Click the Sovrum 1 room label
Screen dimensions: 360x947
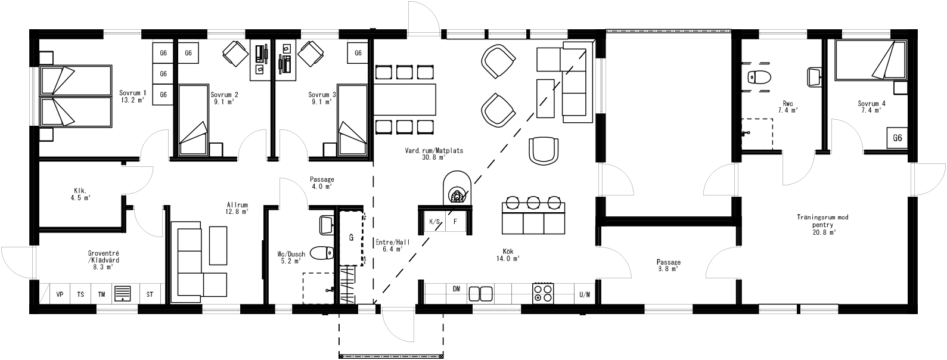click(x=132, y=97)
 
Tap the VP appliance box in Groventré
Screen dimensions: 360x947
click(x=60, y=294)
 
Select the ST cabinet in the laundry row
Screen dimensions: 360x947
click(x=150, y=294)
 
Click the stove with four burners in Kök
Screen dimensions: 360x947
click(x=542, y=293)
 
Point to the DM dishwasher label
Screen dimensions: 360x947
click(x=456, y=289)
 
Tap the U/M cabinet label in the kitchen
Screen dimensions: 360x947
click(x=584, y=294)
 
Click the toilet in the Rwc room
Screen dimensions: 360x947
click(x=759, y=77)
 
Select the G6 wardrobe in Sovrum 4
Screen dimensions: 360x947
click(x=898, y=138)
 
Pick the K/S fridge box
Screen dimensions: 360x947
click(x=434, y=222)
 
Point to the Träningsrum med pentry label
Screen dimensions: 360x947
click(x=822, y=225)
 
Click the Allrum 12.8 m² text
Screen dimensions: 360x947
click(x=237, y=207)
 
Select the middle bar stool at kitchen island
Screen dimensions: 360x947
click(x=533, y=203)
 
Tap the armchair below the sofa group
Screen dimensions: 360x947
click(x=544, y=149)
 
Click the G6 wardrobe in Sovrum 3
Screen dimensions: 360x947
click(x=358, y=53)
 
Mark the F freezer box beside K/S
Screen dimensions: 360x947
click(x=455, y=222)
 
